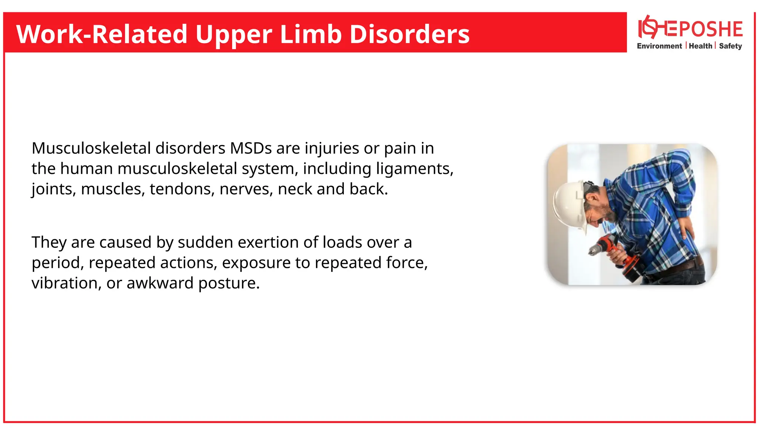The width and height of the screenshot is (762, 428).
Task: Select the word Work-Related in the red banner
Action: click(101, 34)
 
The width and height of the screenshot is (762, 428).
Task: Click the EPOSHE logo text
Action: click(703, 30)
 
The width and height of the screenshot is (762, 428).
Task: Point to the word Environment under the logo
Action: click(659, 46)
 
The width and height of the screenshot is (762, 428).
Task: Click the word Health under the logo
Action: click(700, 46)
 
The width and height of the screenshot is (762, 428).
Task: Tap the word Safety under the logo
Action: click(730, 46)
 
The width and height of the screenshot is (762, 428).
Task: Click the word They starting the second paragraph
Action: click(48, 242)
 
